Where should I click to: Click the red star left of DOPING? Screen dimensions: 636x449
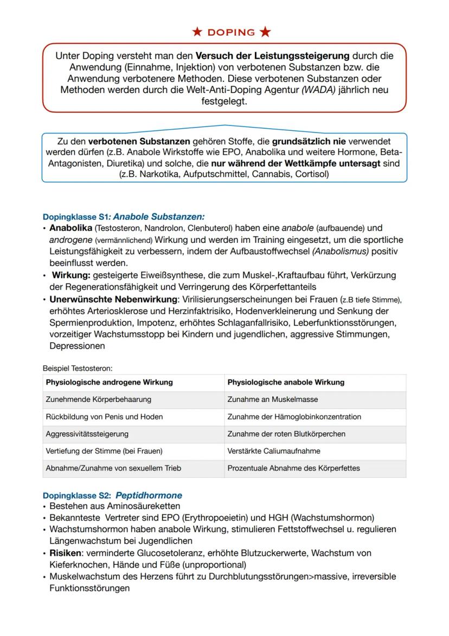[198, 32]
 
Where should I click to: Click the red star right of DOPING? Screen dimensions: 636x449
[265, 32]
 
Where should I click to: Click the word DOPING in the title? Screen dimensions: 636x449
[232, 32]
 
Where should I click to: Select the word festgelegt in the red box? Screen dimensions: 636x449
[224, 101]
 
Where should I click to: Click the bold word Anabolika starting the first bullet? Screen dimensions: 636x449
[70, 228]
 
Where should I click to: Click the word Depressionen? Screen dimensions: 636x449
[77, 346]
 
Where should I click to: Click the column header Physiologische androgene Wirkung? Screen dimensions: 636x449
[109, 382]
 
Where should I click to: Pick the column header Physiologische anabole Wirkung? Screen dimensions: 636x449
[286, 382]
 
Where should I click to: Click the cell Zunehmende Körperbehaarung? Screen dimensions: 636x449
[99, 399]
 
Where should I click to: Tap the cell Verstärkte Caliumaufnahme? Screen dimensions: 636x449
[274, 451]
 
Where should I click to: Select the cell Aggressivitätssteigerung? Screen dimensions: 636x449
[87, 434]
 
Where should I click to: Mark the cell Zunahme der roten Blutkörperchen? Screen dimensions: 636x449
[286, 434]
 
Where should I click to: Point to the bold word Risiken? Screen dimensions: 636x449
[65, 553]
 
